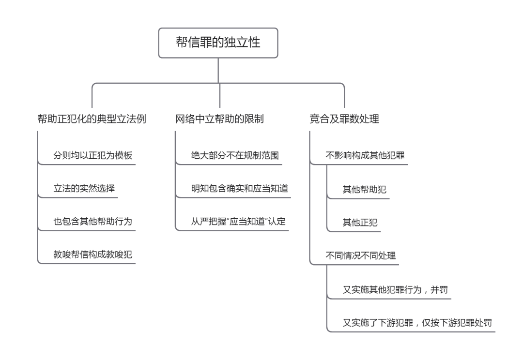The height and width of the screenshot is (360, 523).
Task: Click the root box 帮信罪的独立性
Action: [218, 43]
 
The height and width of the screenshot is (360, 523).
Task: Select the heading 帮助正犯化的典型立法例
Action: [92, 119]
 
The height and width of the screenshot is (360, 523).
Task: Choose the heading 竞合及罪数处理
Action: [344, 119]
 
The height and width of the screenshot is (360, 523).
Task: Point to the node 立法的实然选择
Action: [84, 189]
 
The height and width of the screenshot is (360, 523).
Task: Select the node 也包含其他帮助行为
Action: [92, 222]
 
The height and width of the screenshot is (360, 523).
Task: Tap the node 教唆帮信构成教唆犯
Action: [92, 255]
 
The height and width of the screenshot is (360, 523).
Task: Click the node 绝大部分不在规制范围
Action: [235, 156]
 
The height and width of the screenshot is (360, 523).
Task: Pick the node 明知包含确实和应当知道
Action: [240, 189]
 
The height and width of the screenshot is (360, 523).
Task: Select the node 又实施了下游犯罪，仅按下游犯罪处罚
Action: [417, 322]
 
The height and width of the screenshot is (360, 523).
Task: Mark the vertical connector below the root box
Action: [219, 71]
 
